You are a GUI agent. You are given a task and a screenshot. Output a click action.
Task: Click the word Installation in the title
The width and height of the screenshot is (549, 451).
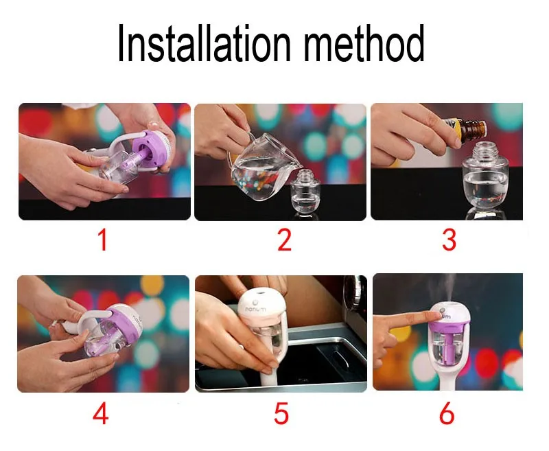[x=204, y=43]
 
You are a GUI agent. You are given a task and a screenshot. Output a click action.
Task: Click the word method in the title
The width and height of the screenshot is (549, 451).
[x=364, y=43]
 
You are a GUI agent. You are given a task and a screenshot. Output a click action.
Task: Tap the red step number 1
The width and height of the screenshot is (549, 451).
[x=102, y=240]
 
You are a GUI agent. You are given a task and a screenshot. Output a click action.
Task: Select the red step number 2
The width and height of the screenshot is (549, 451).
[x=284, y=240]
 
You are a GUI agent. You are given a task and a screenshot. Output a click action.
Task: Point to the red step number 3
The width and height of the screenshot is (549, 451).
[x=449, y=240]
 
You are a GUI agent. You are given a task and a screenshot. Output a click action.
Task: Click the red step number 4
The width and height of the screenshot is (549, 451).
[x=100, y=413]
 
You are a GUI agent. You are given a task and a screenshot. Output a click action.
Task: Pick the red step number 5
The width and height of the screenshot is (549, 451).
[x=281, y=413]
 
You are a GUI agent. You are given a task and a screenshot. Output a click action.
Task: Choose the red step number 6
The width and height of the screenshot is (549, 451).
[x=447, y=413]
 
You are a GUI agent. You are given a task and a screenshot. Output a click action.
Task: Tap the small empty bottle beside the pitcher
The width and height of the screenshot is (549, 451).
[x=305, y=192]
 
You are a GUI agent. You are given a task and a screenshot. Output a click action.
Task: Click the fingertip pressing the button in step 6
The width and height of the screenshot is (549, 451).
[x=436, y=316]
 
